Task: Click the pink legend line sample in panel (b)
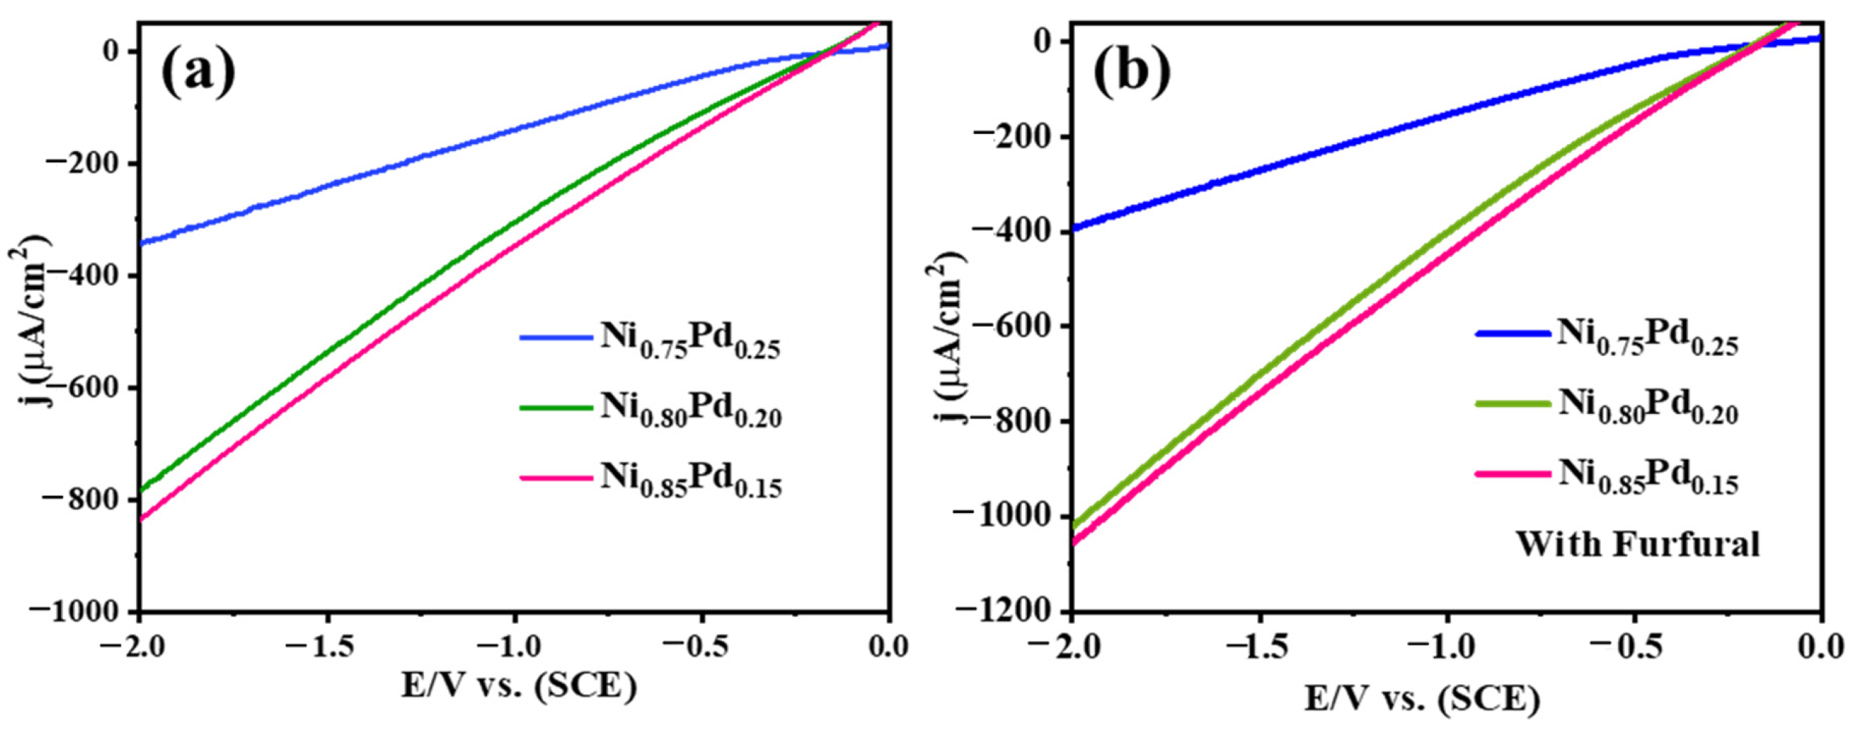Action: pyautogui.click(x=1510, y=474)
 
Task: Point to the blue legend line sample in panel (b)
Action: pyautogui.click(x=1510, y=334)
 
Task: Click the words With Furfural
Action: pyautogui.click(x=1637, y=544)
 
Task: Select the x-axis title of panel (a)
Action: pyautogui.click(x=519, y=688)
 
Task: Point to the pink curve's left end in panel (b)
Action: pyautogui.click(x=1075, y=542)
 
